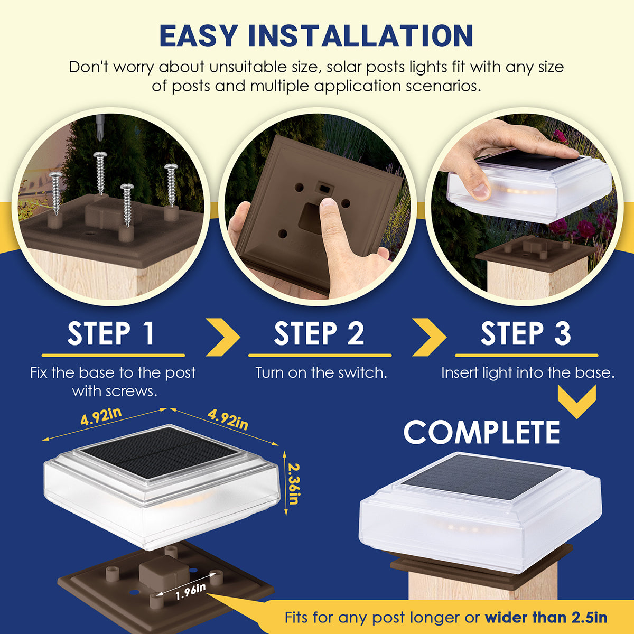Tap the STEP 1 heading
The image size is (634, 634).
pos(111,333)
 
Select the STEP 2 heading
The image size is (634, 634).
pos(319,333)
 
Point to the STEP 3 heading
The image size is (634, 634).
pos(526,333)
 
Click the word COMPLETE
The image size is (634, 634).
pos(481,432)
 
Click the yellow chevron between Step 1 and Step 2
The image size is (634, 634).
pos(223,337)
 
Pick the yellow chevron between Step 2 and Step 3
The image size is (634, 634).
pos(429,337)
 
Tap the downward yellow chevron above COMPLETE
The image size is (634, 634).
pos(577,402)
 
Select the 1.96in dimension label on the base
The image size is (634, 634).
pos(190,592)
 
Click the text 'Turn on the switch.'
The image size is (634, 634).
pos(321,373)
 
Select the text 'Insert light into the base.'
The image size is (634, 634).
pos(528,373)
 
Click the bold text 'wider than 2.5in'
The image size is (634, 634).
pos(546,618)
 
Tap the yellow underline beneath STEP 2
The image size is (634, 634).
pos(320,356)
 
